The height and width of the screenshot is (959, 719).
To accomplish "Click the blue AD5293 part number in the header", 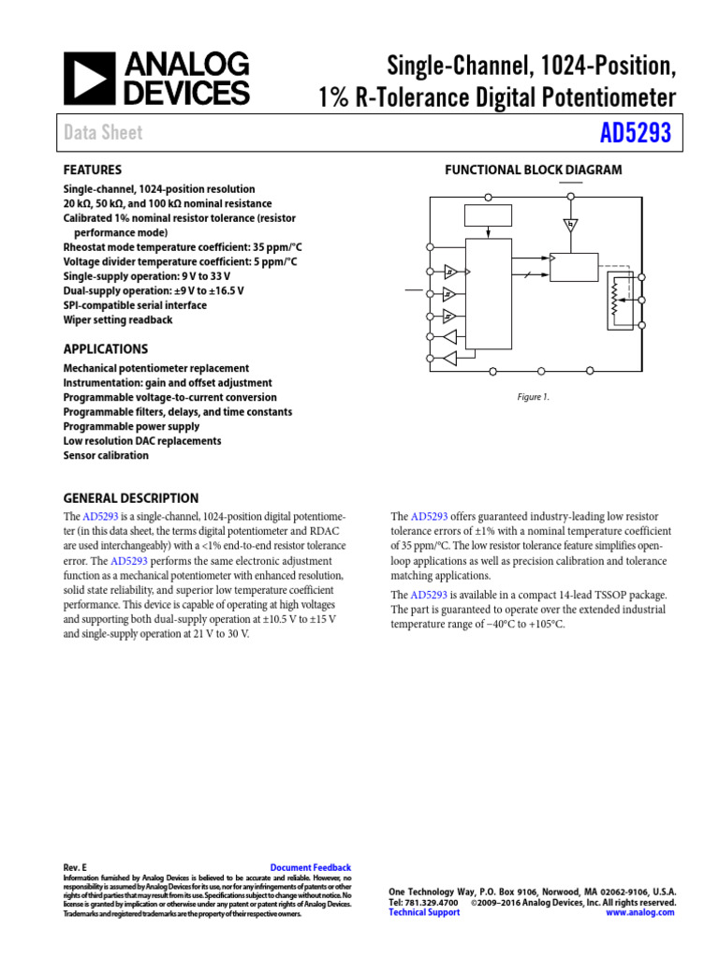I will (636, 133).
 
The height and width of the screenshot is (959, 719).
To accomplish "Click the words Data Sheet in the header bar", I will (103, 133).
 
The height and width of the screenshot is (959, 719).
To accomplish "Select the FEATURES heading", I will (92, 170).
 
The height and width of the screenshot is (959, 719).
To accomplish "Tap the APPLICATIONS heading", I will (105, 349).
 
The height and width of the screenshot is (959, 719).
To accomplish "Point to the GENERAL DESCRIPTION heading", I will (130, 498).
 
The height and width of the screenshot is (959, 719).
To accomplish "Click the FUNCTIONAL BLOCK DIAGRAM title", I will (533, 170).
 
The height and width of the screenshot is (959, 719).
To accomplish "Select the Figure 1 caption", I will (534, 397).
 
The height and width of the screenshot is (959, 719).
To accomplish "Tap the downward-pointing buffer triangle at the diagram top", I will (570, 225).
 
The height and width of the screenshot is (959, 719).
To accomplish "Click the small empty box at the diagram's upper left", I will (488, 215).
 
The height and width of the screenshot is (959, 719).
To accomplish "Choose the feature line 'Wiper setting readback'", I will (118, 319).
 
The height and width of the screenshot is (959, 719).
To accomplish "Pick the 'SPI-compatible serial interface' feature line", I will (135, 305).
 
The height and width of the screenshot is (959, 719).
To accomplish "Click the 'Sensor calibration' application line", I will (106, 455).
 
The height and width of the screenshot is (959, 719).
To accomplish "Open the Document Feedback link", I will (310, 868).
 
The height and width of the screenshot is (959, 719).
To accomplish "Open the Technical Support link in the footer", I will (424, 912).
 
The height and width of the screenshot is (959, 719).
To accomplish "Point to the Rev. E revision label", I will (75, 868).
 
